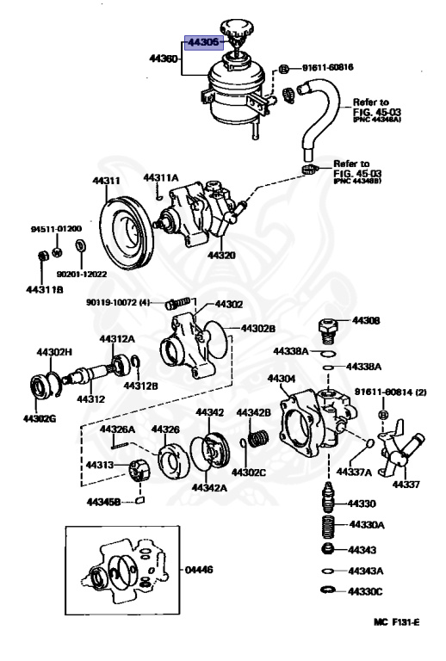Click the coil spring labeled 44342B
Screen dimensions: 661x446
coord(255,439)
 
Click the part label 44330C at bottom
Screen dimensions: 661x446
coord(367,592)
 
